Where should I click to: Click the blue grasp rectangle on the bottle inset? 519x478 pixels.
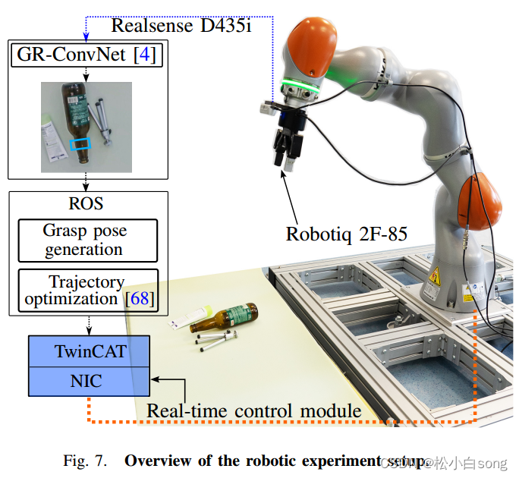pos(80,143)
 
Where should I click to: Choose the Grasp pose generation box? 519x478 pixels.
pos(87,240)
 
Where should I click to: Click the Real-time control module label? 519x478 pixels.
pos(253,411)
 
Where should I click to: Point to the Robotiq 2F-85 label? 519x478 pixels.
pos(346,233)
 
